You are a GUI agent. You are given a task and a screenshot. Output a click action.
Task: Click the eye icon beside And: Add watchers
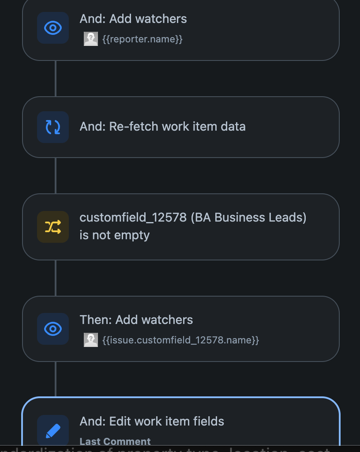click(53, 28)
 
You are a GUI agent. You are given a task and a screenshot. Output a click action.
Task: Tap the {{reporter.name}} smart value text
click(142, 39)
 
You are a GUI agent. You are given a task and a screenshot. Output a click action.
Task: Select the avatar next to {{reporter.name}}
click(91, 39)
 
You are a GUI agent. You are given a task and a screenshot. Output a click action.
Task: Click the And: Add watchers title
click(133, 19)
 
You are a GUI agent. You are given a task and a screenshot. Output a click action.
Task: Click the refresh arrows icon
click(53, 127)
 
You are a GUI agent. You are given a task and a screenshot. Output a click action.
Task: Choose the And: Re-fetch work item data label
click(162, 126)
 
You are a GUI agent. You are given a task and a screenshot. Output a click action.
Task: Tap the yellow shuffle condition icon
click(53, 227)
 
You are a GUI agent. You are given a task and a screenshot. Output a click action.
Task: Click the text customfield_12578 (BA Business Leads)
click(193, 218)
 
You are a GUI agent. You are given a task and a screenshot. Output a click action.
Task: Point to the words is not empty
click(114, 235)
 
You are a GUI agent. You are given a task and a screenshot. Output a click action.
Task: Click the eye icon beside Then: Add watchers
click(53, 329)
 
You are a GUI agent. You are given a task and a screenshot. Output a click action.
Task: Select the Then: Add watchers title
click(136, 320)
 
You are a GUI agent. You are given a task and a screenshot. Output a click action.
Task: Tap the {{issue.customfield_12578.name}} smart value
click(180, 340)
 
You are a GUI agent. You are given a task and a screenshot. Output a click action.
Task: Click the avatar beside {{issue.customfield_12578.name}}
click(91, 340)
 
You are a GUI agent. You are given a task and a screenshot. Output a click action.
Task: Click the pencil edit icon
click(53, 430)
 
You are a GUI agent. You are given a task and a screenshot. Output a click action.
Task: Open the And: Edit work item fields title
click(152, 422)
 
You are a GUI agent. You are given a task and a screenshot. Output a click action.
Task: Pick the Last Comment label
click(115, 441)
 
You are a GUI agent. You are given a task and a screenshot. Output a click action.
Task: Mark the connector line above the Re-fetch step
click(56, 78)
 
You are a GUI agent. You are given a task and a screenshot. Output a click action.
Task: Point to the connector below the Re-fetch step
click(56, 176)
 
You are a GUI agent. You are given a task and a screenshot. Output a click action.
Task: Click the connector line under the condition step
click(56, 278)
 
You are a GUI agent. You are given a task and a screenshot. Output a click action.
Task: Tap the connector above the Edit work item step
click(56, 379)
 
